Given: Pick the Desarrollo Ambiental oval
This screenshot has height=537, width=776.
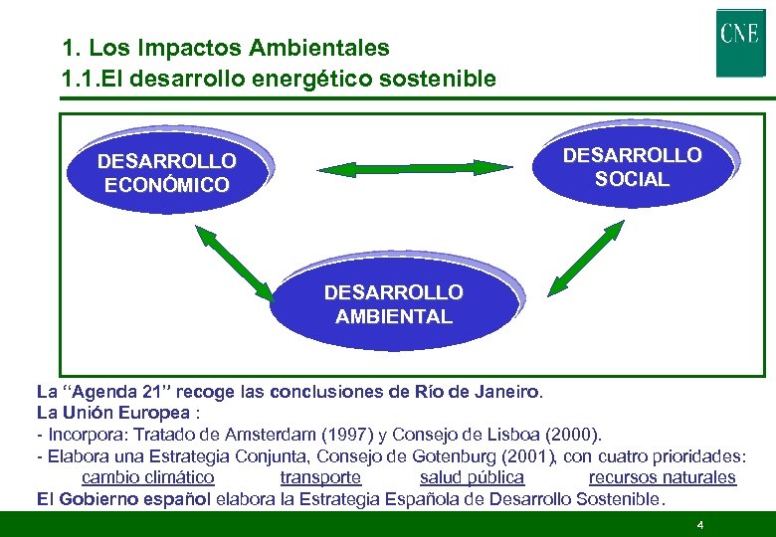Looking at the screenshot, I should click(393, 305).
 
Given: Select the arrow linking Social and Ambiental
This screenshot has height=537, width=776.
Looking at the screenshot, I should click(586, 258).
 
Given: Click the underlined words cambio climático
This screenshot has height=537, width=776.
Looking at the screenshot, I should click(147, 477).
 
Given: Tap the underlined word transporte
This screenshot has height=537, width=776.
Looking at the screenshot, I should click(320, 477).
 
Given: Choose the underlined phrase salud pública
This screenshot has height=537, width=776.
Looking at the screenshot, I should click(472, 477).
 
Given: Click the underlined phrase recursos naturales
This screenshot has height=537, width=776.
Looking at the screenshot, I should click(662, 477).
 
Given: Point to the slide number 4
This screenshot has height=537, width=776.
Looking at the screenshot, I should click(700, 524).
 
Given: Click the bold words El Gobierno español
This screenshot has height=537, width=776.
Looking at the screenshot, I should click(123, 499).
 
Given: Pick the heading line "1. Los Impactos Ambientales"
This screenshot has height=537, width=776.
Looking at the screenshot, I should click(226, 47).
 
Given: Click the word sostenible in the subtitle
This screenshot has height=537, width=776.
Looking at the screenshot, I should click(441, 79).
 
